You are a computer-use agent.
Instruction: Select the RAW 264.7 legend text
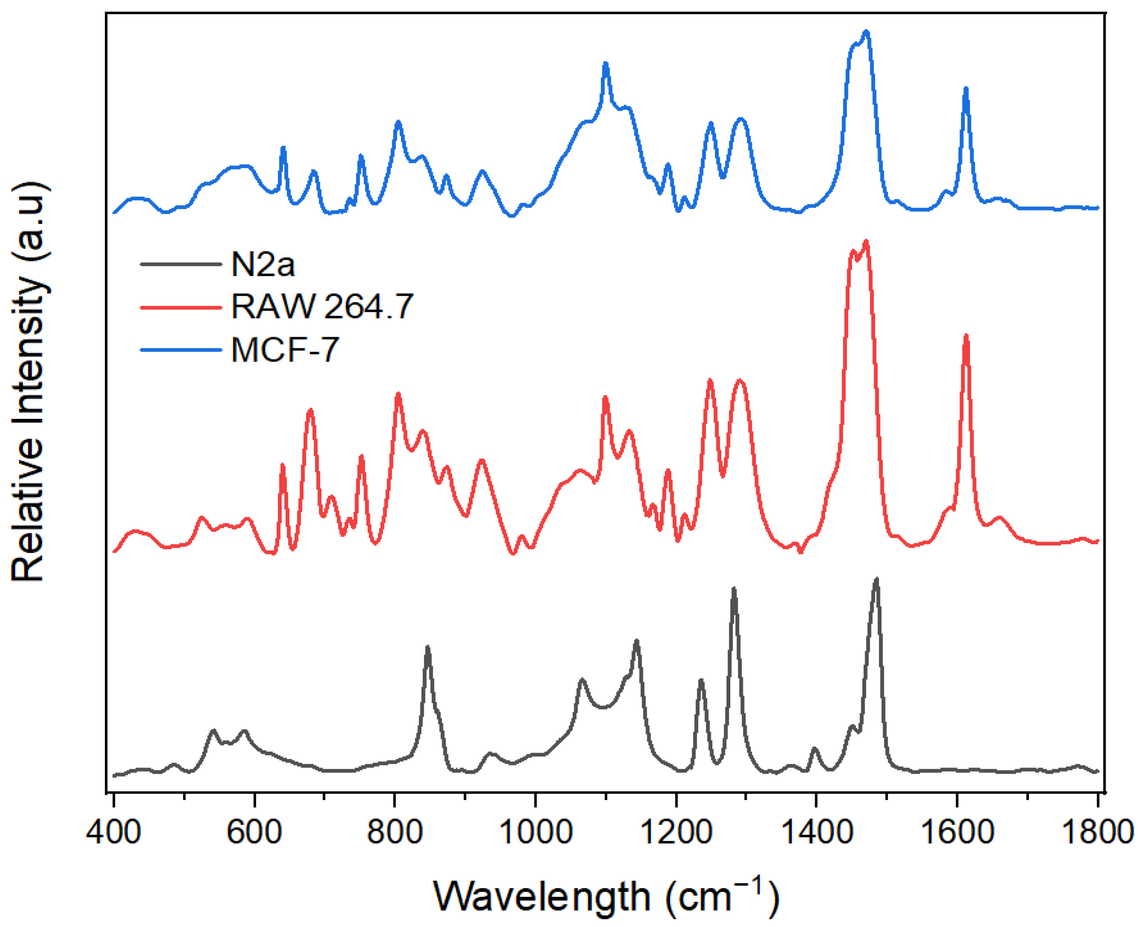322,307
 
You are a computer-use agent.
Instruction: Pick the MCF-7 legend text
284,350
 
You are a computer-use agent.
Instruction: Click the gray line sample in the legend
180,264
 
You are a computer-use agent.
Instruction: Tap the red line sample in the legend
180,307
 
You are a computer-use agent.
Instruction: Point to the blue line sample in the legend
180,350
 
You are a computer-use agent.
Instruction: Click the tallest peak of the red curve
866,242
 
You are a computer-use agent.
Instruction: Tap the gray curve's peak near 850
427,648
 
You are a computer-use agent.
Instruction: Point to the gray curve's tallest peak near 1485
876,579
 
